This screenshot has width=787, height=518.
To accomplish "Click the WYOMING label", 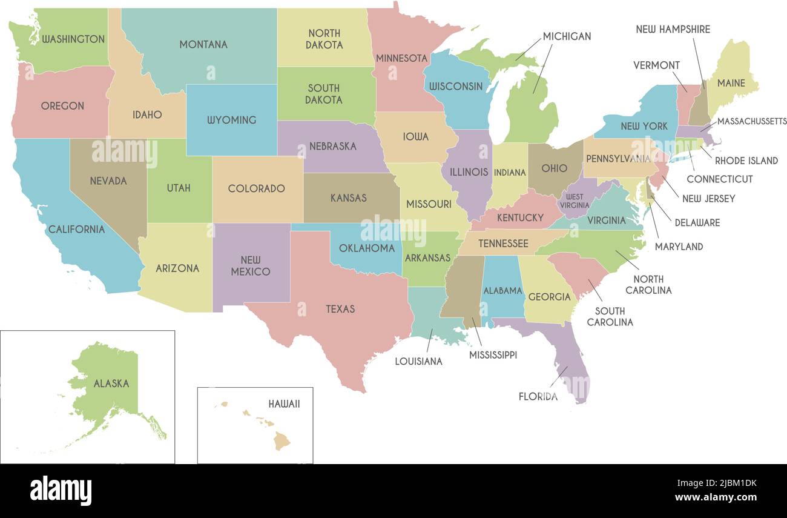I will pos(231,120).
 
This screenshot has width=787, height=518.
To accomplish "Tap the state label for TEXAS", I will pos(340,309).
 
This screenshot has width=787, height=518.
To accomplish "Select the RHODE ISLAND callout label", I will pos(746,161).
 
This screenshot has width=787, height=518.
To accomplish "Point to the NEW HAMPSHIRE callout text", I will pos(673,29).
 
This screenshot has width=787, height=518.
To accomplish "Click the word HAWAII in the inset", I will pos(284,404).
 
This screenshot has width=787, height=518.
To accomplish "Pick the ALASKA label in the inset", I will pos(111,384).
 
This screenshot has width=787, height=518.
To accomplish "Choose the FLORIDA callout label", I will pos(538,397).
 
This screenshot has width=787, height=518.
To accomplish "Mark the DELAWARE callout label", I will pos(697,222).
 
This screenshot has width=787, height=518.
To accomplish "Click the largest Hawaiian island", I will pos(282,441).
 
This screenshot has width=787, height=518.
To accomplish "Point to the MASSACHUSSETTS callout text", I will pos(751,121).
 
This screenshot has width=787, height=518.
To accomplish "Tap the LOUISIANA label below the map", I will pos(418,362).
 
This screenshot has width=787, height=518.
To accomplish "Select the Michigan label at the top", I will pos(567,36).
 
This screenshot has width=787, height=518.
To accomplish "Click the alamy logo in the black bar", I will pos(61,491).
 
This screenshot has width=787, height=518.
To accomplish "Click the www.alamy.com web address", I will pos(716,498).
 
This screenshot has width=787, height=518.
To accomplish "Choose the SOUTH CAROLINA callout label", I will pos(610,317).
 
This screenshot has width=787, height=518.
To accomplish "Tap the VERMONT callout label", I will pos(656,65).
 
